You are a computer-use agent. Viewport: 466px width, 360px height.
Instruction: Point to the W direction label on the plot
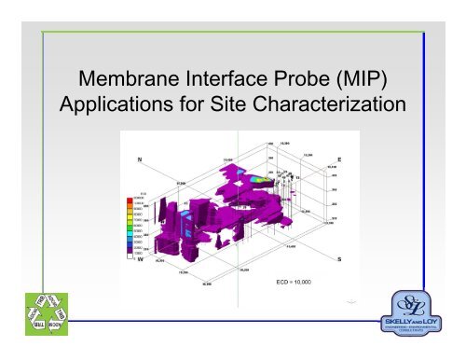tap(140, 260)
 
